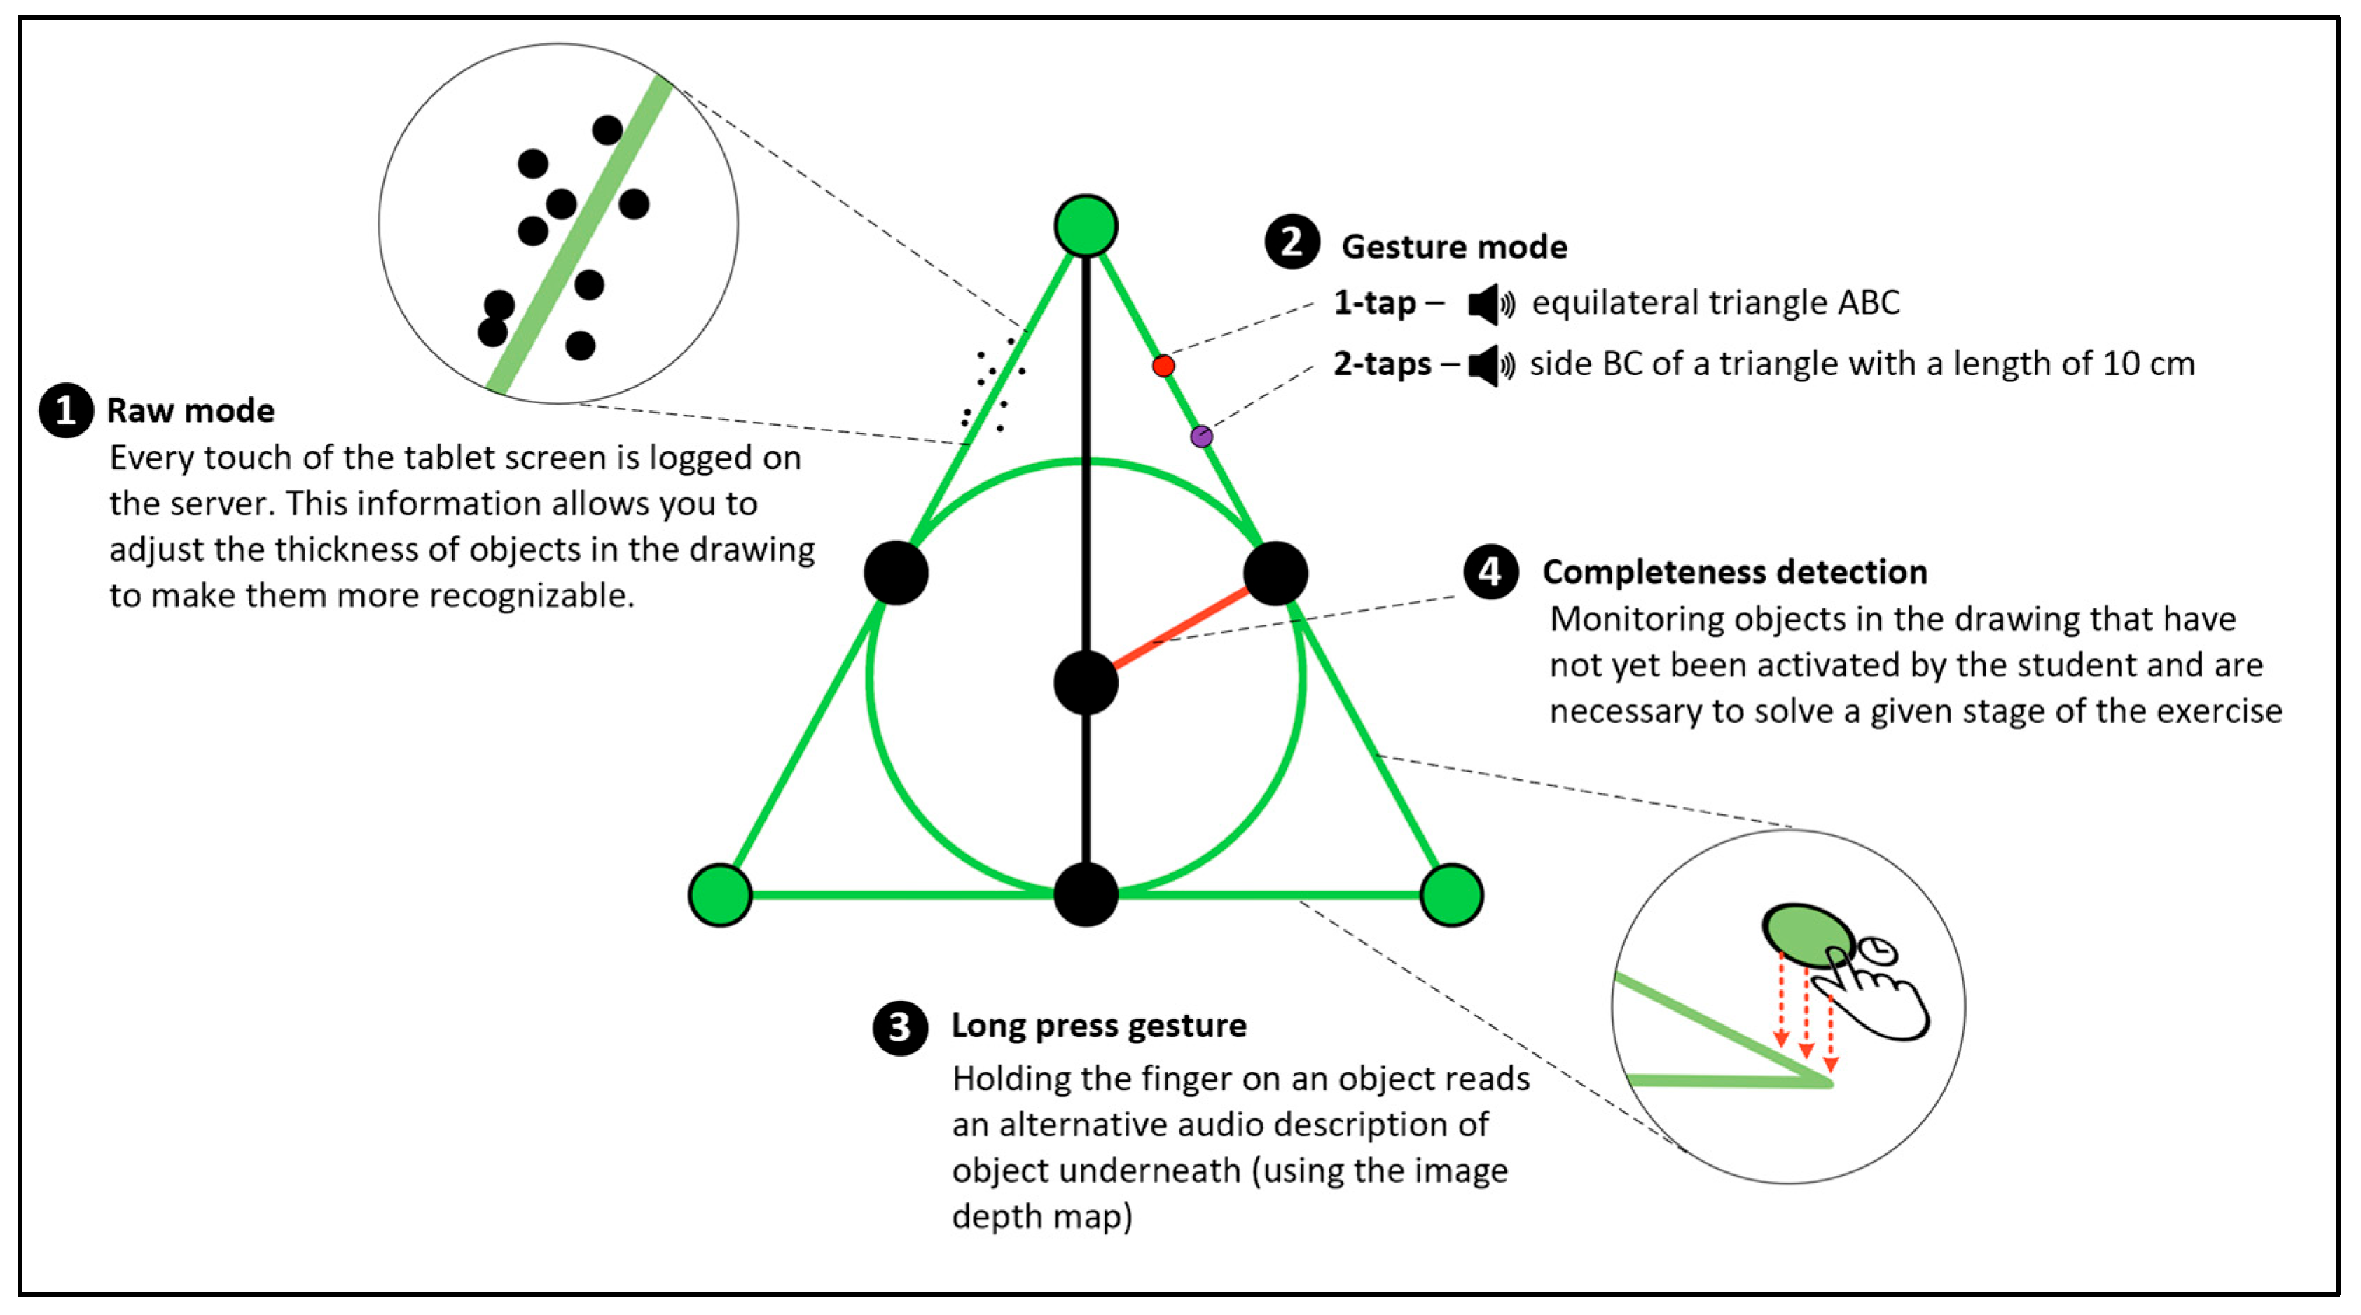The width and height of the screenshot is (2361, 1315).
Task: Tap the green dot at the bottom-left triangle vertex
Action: click(721, 894)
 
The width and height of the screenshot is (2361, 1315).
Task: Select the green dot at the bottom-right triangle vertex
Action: click(1452, 894)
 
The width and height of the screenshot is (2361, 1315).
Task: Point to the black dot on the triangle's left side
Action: click(896, 573)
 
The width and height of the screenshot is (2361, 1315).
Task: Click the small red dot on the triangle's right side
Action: click(1164, 366)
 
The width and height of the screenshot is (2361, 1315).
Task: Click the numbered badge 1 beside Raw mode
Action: click(66, 410)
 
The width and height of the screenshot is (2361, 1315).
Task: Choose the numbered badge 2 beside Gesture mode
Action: click(1292, 243)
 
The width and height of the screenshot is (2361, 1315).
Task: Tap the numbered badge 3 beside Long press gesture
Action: click(900, 1027)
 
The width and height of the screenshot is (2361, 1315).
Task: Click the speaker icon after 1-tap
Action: click(1490, 303)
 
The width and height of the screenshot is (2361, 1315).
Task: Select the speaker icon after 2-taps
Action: click(1490, 365)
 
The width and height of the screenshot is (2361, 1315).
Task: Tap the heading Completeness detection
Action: click(1735, 572)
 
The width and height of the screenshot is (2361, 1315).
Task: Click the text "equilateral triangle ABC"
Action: click(1716, 303)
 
